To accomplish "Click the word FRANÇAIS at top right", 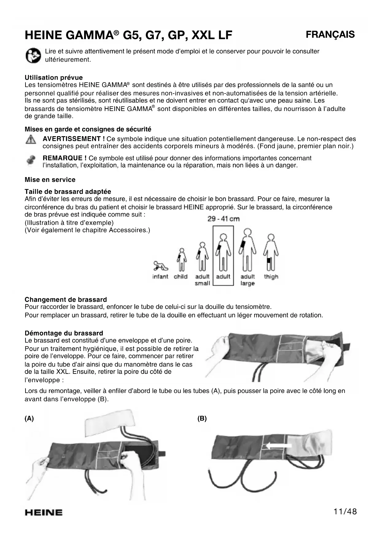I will coord(330,34).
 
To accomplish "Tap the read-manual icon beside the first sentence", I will coord(33,56).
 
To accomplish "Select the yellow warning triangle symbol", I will coord(30,140).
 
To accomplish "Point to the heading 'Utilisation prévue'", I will coord(54,78).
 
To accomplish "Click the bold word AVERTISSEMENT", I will coord(72,139).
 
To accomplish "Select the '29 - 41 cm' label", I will coord(223,219).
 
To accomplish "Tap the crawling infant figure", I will coord(160,266).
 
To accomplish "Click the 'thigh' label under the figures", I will coord(271,277).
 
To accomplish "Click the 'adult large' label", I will coord(247,280).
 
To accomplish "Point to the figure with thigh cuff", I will coord(270,253).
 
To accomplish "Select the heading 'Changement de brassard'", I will coord(66,300).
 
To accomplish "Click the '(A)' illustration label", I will coord(29,418).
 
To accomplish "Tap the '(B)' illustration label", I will coord(202,418).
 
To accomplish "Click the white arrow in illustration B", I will coord(278,446).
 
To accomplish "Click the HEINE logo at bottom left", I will coord(44,513).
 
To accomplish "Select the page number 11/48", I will coord(345,512).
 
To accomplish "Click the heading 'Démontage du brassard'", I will coord(64,333).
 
